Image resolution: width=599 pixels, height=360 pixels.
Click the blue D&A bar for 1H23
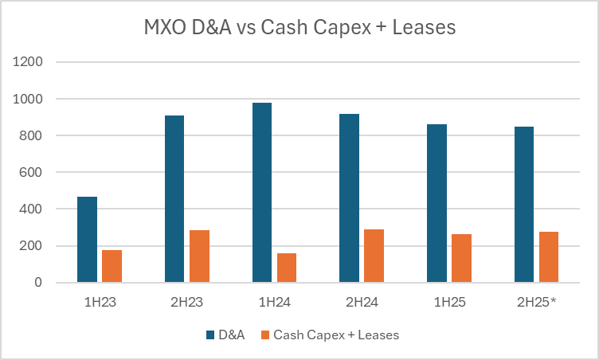click(87, 240)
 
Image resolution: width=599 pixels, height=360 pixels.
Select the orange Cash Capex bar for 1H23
click(112, 266)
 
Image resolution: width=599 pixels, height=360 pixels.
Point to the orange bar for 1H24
click(287, 268)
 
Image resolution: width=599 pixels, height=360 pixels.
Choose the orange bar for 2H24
click(374, 256)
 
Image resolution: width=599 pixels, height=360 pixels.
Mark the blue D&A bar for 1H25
click(437, 203)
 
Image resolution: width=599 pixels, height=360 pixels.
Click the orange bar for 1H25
click(461, 258)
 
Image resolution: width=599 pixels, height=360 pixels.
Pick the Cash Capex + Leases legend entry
click(335, 335)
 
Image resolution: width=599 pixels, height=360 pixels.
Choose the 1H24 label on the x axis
click(274, 303)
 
